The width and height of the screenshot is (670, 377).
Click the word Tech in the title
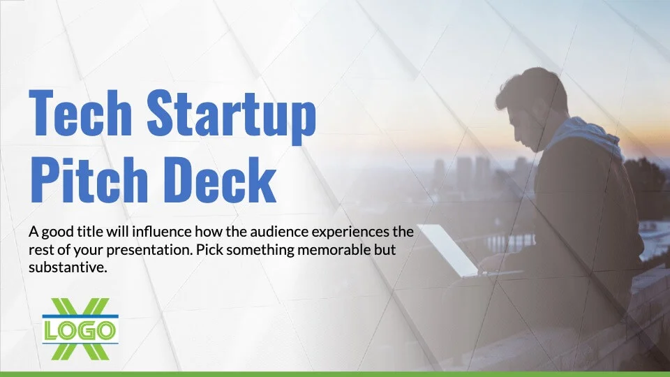point(80,112)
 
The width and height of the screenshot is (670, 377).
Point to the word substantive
point(68,267)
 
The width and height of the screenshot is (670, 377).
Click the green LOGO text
point(80,331)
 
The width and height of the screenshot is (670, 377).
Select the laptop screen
point(447,249)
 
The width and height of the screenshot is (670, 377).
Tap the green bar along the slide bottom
point(335,374)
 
